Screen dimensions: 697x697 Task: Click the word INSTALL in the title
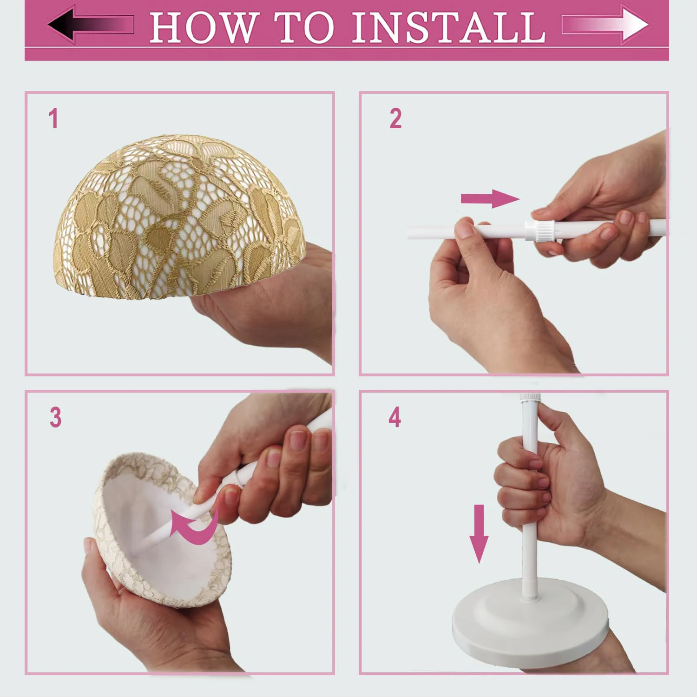pyautogui.click(x=448, y=27)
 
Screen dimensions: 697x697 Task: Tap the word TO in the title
pyautogui.click(x=304, y=27)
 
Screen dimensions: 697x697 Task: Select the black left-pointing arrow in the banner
pyautogui.click(x=91, y=25)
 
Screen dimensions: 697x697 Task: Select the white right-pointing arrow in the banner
pyautogui.click(x=605, y=25)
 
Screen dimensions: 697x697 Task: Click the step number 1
pyautogui.click(x=53, y=118)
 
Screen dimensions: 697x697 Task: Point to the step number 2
pyautogui.click(x=395, y=118)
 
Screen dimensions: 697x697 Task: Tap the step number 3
pyautogui.click(x=56, y=417)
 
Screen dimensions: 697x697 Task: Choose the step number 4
pyautogui.click(x=395, y=417)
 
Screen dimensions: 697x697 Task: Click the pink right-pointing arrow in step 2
pyautogui.click(x=490, y=199)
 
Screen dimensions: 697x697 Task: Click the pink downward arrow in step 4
pyautogui.click(x=479, y=533)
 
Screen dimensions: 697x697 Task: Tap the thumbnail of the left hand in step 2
pyautogui.click(x=463, y=230)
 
